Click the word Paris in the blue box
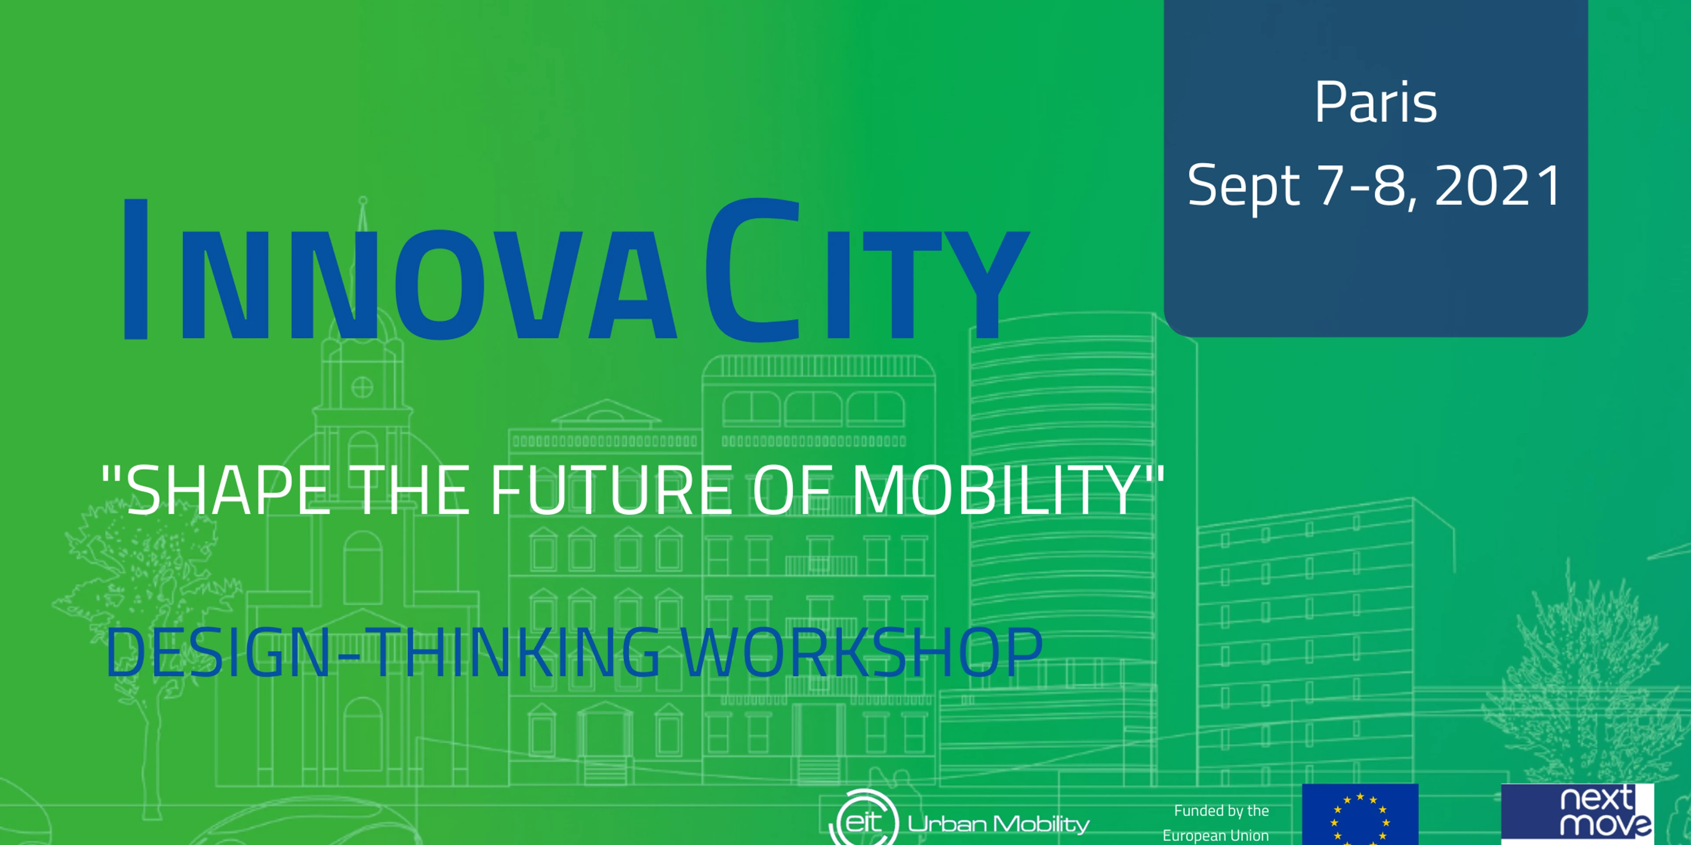click(1376, 103)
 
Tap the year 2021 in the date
click(1499, 186)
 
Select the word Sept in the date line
click(1243, 187)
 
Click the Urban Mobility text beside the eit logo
click(998, 823)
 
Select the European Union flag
click(1360, 814)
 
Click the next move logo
click(1577, 814)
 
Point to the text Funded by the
click(1221, 811)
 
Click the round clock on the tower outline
click(362, 387)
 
